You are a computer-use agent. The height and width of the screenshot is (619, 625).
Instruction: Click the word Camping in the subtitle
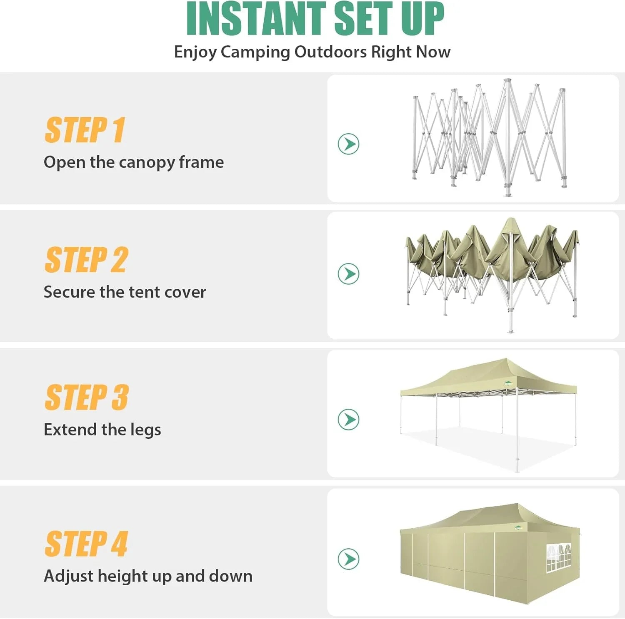click(255, 52)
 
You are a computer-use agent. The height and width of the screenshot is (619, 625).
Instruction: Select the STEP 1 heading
click(85, 130)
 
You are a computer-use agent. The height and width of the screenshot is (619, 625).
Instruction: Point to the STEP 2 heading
click(86, 260)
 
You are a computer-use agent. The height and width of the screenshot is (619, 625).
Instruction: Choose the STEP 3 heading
click(87, 398)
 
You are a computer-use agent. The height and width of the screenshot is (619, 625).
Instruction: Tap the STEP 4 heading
click(86, 544)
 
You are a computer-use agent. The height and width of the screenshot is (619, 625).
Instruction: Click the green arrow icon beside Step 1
click(348, 144)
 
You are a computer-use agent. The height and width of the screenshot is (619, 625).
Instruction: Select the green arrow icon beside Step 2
click(348, 274)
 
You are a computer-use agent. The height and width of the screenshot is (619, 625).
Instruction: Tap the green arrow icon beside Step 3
click(348, 419)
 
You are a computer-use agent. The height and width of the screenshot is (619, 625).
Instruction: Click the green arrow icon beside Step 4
click(348, 559)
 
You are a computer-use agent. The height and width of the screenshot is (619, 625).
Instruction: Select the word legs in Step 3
click(145, 430)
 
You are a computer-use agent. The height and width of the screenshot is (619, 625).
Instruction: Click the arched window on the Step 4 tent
click(558, 557)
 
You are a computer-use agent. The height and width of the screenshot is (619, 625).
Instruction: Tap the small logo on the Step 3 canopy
click(507, 384)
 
